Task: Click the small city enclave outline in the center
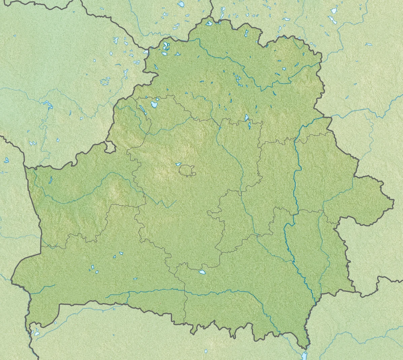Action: [187, 170]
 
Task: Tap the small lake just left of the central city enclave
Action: [178, 164]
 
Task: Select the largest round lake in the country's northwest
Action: [154, 104]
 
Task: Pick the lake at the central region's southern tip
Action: [202, 272]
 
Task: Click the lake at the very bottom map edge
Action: [304, 356]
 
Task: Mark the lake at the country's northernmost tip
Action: [209, 23]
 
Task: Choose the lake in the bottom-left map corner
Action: [36, 333]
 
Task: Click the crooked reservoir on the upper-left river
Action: [47, 104]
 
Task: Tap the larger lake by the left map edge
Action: [6, 160]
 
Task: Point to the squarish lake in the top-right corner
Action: [334, 11]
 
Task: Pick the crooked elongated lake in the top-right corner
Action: [333, 20]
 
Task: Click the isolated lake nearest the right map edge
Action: [369, 44]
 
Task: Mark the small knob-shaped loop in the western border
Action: [109, 147]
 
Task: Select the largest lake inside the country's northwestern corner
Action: [165, 46]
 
